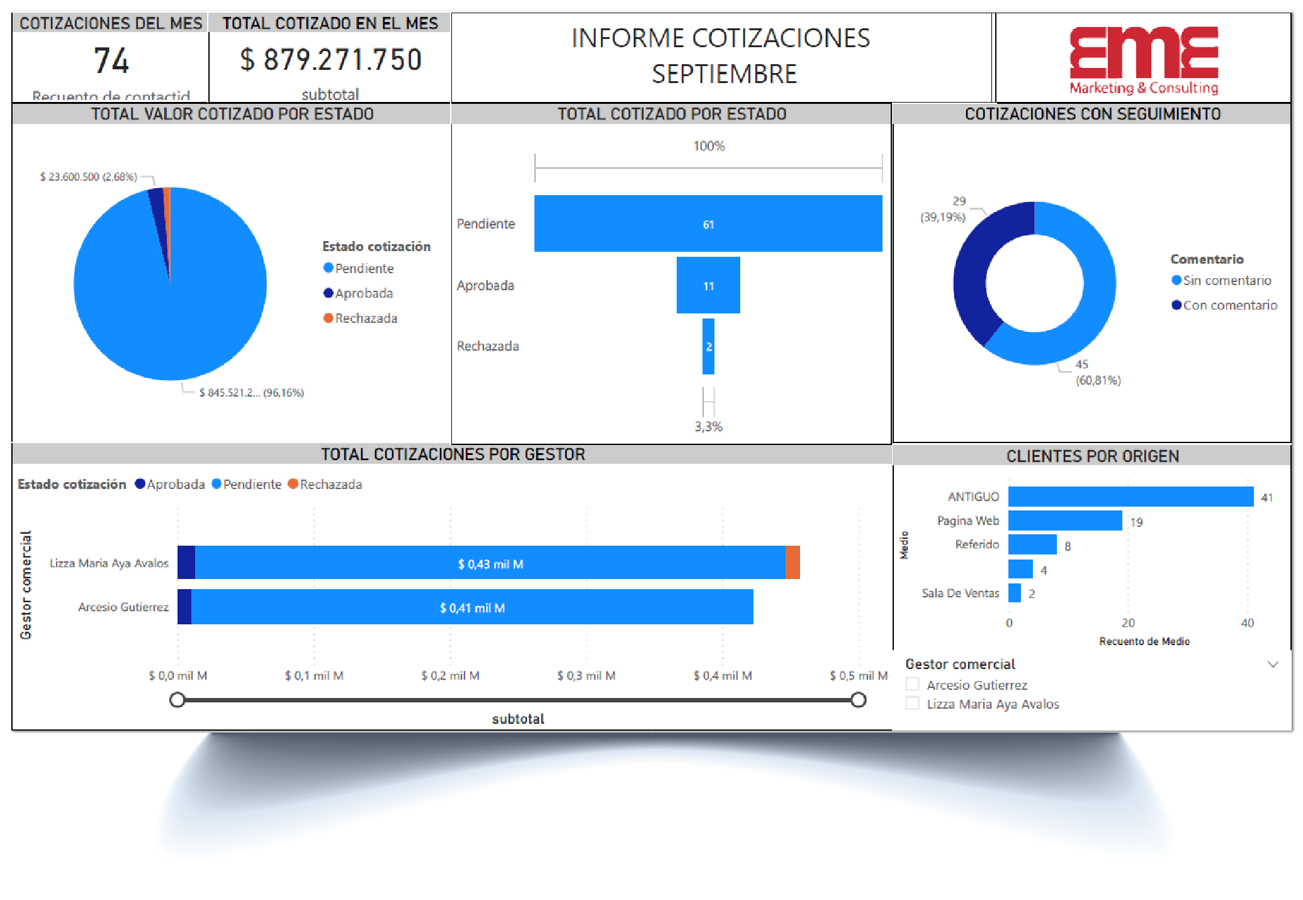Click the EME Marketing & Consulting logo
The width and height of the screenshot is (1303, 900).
click(1143, 60)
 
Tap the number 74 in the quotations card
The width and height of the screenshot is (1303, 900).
click(111, 61)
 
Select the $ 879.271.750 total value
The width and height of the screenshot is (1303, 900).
click(330, 60)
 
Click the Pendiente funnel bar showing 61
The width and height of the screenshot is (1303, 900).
click(708, 223)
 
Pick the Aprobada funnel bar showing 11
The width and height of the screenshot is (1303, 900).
click(708, 285)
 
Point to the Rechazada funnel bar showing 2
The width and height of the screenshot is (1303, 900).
click(708, 346)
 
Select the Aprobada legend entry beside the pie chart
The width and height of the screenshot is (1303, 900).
click(363, 293)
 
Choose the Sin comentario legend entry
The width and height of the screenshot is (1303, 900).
click(1226, 281)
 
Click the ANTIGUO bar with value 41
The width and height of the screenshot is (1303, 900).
click(1130, 497)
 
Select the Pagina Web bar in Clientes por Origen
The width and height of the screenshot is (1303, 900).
click(1064, 520)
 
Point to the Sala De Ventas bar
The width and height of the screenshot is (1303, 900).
click(1014, 593)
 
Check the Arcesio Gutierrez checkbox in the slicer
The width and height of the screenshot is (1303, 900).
click(912, 685)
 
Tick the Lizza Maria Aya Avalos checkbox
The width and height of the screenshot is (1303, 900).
click(912, 704)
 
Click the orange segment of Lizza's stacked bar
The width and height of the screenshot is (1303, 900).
click(793, 563)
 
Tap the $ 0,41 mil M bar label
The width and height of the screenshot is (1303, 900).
click(472, 608)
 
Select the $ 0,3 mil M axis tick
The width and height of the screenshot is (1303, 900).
click(586, 676)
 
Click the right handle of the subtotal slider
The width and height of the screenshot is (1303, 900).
click(858, 700)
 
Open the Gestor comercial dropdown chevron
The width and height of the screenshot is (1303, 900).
click(1273, 665)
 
